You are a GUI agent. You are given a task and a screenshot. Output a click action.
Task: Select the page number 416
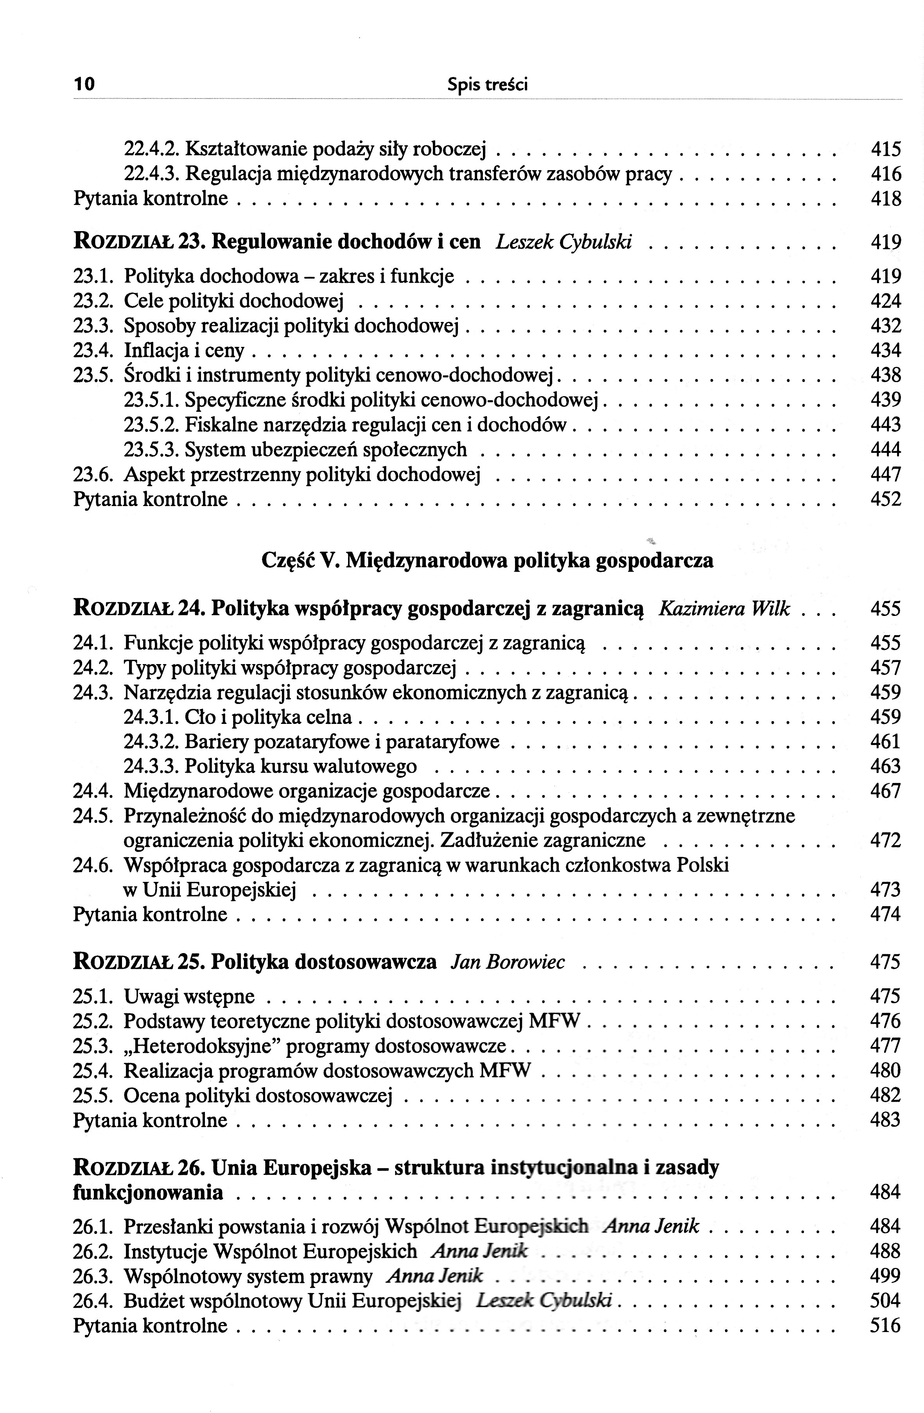click(885, 174)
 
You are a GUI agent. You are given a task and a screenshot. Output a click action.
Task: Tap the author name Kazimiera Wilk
click(724, 609)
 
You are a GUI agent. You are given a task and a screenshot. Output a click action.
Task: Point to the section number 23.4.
click(92, 351)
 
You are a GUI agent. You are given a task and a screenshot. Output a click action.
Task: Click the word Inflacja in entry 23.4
click(156, 351)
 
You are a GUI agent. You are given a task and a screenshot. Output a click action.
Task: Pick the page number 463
click(885, 767)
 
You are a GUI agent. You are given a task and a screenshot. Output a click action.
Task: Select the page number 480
click(885, 1070)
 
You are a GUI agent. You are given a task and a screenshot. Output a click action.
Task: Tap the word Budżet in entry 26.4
click(153, 1301)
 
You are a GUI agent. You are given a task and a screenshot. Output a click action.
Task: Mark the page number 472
click(885, 841)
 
